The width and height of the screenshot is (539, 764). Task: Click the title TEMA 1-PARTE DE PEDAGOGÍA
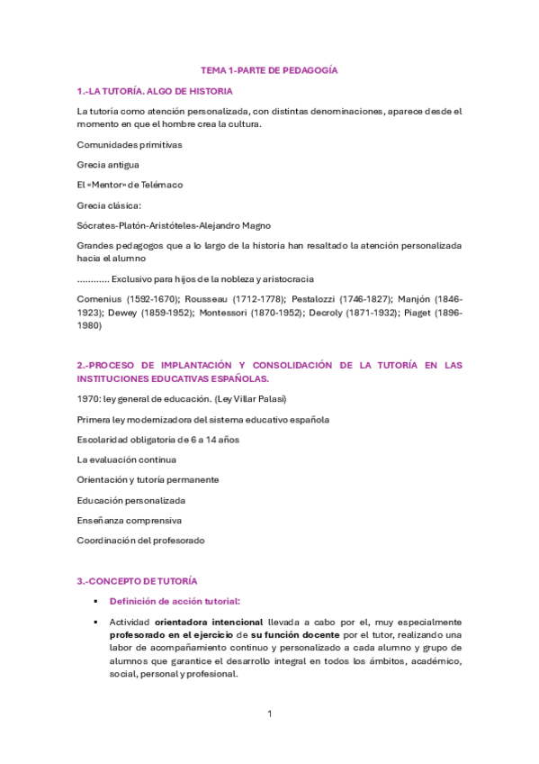coord(268,70)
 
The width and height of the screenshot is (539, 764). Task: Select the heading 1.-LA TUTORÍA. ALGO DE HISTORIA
coord(155,91)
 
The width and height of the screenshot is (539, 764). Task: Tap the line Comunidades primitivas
coord(130,144)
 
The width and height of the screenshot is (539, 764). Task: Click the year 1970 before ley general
coord(87,399)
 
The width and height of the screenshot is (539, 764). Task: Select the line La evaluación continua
coord(126,459)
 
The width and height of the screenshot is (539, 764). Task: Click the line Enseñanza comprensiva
coord(130,520)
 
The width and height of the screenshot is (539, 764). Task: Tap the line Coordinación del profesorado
coord(140,541)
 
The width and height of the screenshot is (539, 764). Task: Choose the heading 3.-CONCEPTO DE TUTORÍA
coord(137,581)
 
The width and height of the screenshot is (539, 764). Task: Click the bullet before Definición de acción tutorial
coord(93,602)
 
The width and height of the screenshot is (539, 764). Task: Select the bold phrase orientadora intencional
coord(208,622)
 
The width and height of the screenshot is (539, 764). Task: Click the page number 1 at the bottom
coord(269,714)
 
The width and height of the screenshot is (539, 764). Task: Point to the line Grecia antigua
coord(108,165)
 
